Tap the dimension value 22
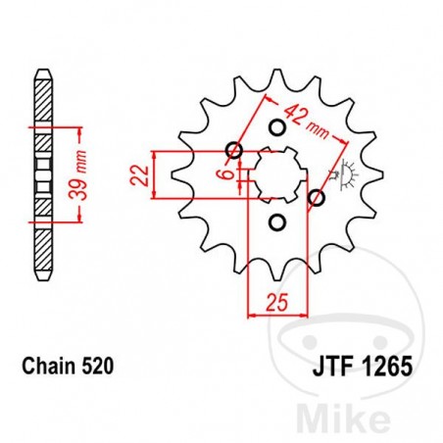[x=140, y=175]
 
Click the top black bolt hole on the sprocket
[x=275, y=127]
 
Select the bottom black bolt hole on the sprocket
[x=275, y=223]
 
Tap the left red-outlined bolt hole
[x=233, y=150]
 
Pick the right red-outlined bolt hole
[x=316, y=200]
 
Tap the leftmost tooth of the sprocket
[x=179, y=176]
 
